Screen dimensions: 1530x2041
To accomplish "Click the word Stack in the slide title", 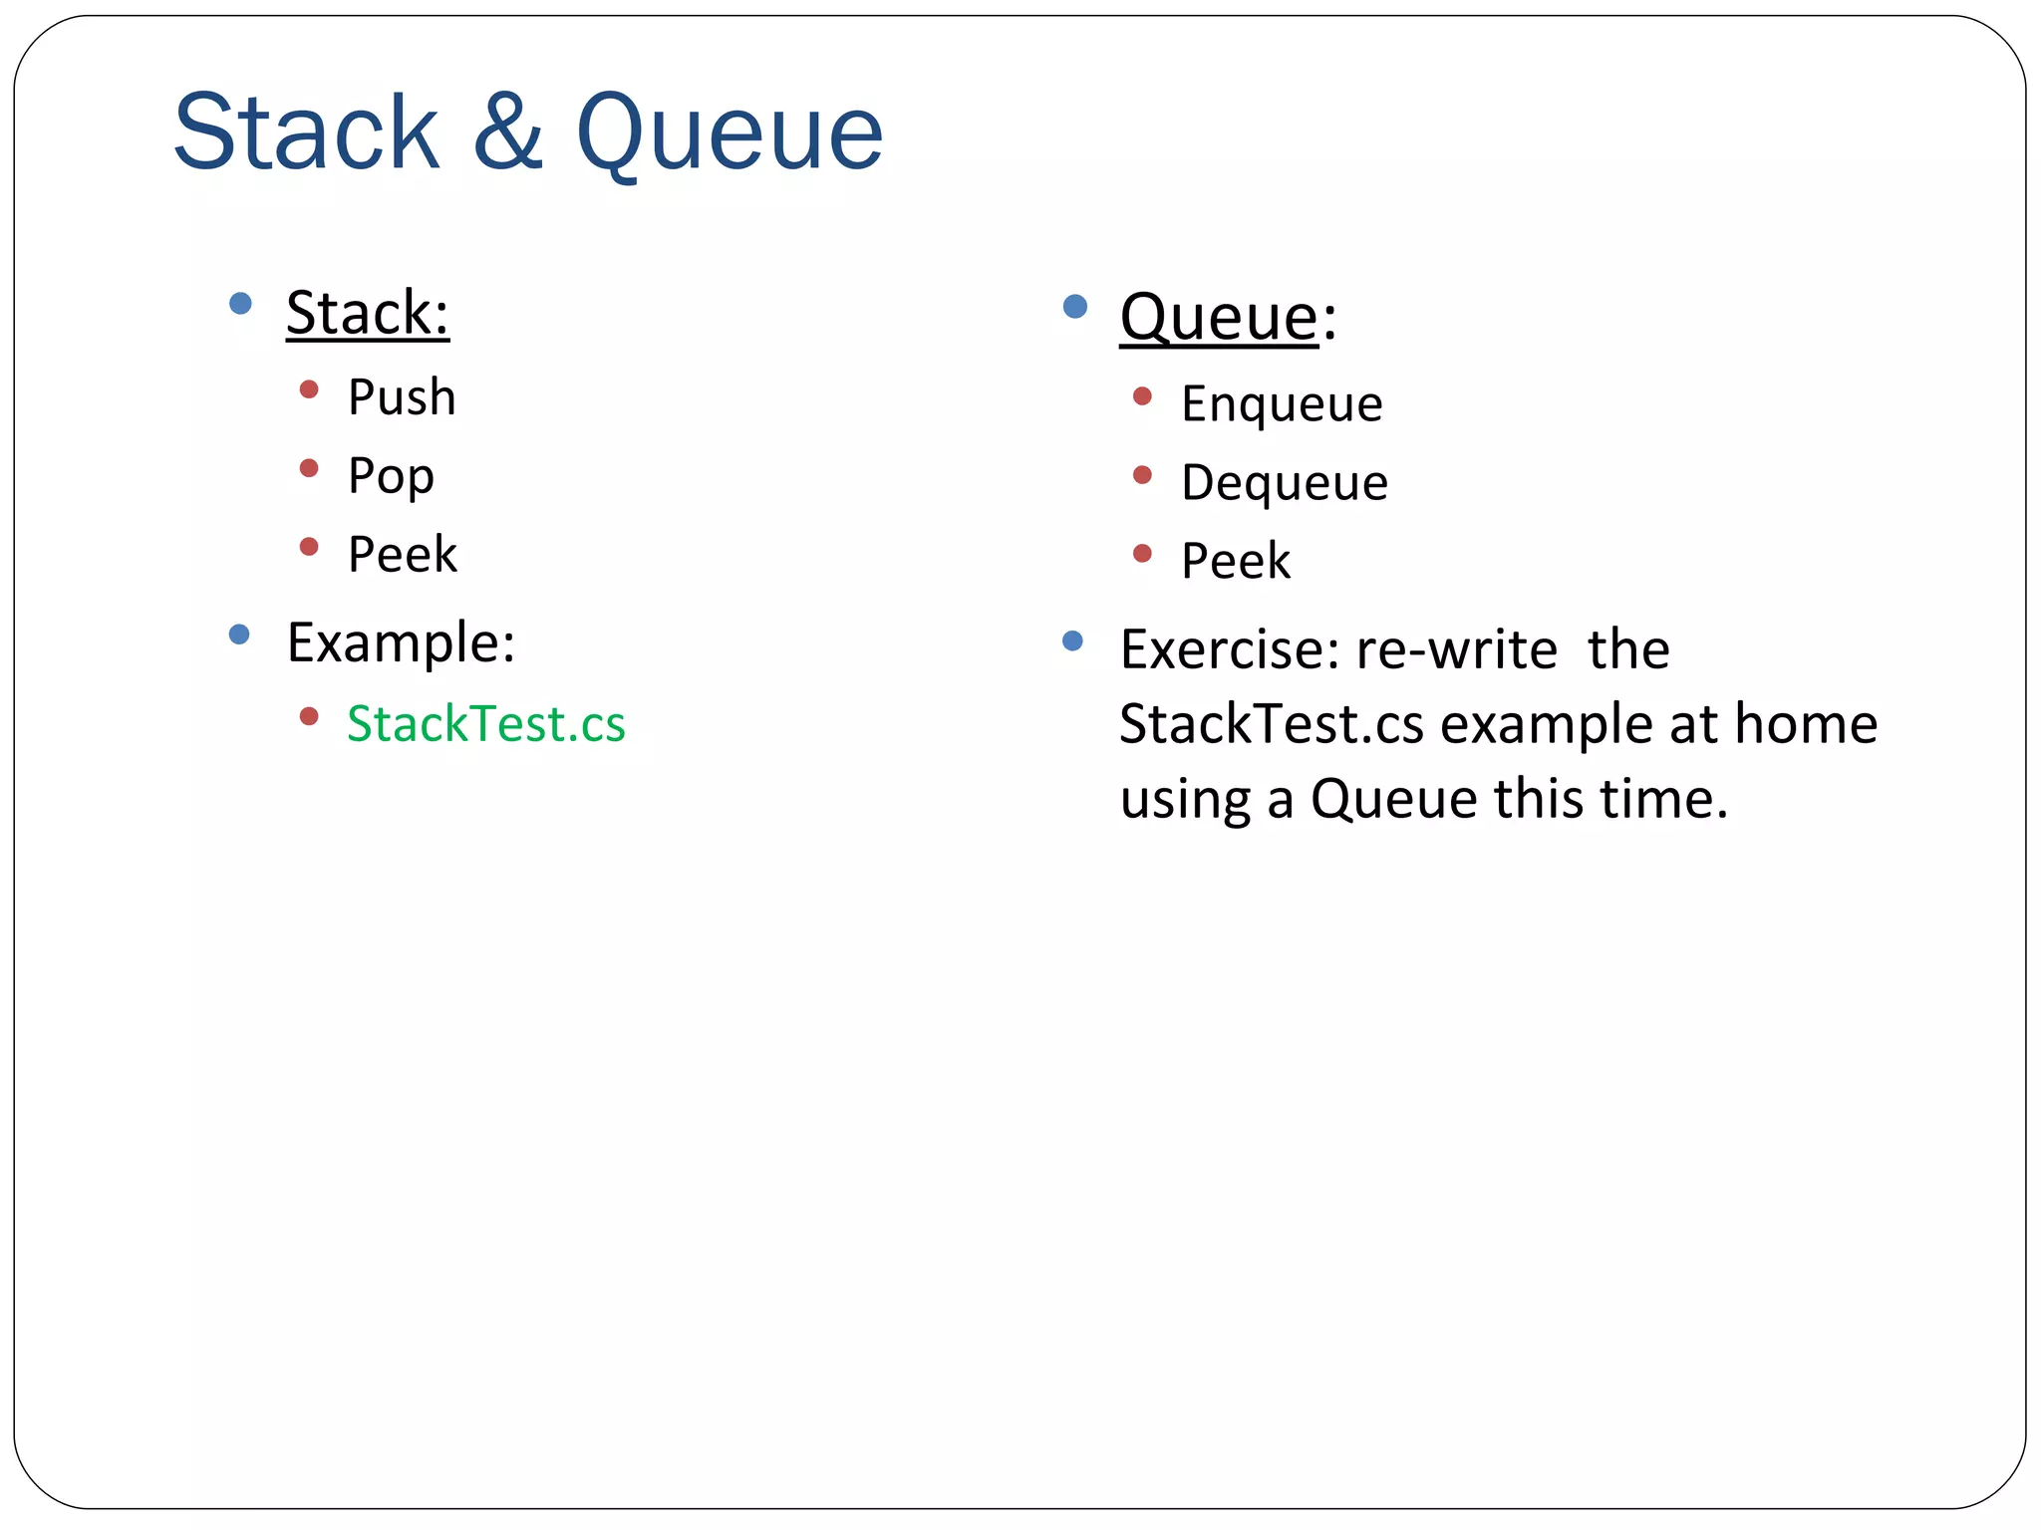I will pos(306,132).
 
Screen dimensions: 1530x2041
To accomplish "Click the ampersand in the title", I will pos(507,132).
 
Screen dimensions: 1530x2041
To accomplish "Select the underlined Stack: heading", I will pos(367,313).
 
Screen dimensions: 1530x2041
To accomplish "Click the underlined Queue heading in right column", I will pos(1219,318).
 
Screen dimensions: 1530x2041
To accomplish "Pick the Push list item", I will pos(402,397).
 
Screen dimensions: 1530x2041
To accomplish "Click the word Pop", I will pos(391,476).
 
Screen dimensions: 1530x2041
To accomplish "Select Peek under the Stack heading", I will pos(402,554).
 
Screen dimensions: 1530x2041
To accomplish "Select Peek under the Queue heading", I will pos(1236,561).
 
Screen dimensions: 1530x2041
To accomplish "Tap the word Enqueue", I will pos(1282,404).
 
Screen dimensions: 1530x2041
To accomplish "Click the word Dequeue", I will pos(1284,483).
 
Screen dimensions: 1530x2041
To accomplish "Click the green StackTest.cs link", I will pos(486,723).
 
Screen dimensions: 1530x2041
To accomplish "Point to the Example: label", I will pos(401,642).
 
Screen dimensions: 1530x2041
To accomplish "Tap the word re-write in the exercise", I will pos(1457,649).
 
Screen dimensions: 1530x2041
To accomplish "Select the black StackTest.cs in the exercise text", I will pos(1272,723).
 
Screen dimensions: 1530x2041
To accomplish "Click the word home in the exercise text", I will pos(1806,723).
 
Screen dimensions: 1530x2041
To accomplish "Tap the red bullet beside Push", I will pos(309,389).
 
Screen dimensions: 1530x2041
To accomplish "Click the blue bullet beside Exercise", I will pos(1072,640).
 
